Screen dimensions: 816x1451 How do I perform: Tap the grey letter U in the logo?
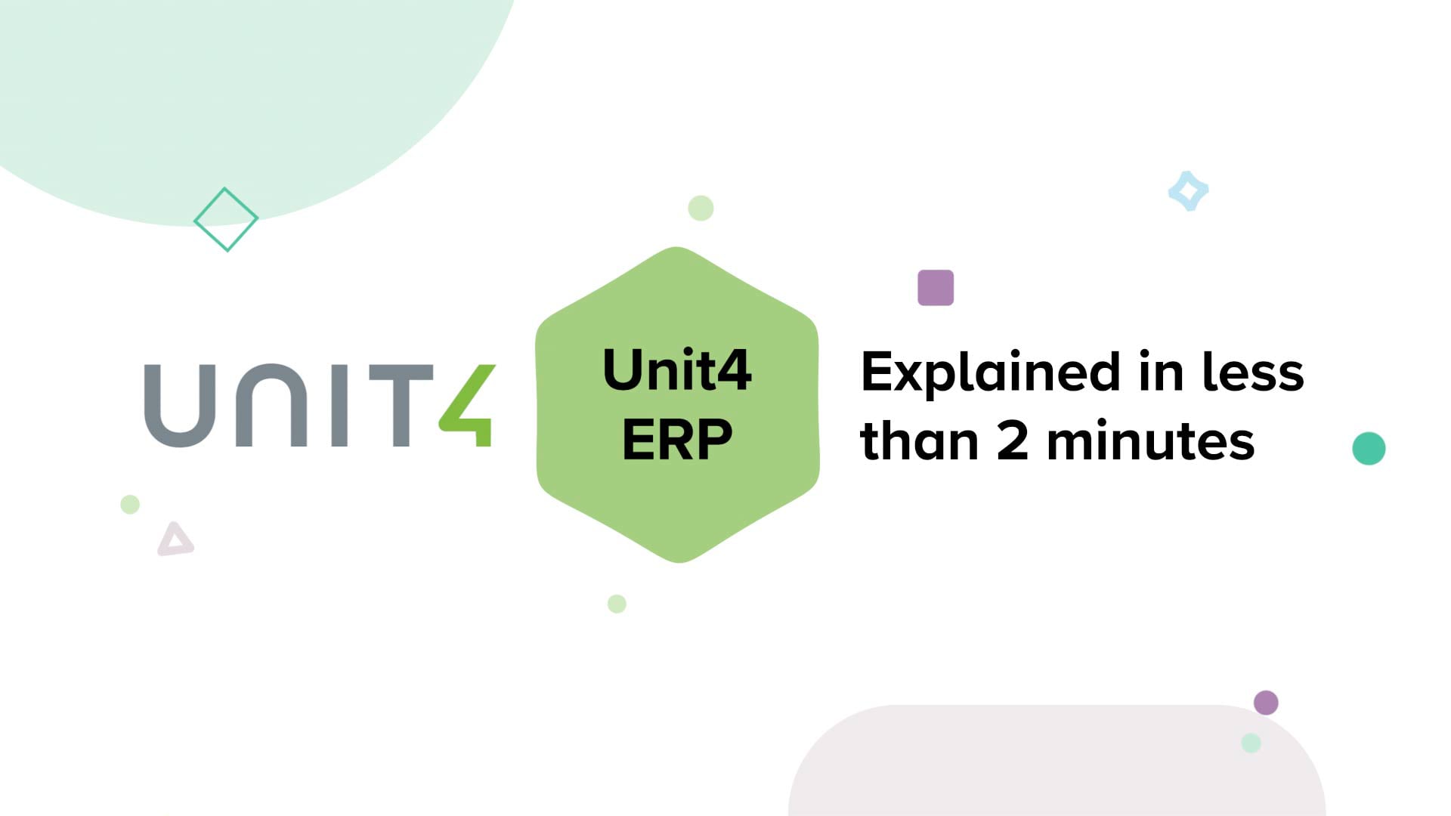click(181, 406)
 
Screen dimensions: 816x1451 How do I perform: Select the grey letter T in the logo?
click(401, 406)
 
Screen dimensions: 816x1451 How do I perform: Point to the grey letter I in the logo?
click(340, 406)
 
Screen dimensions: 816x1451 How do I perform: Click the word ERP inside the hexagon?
click(677, 440)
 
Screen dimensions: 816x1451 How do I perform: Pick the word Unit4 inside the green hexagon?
click(677, 370)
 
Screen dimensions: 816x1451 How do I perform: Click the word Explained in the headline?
click(990, 373)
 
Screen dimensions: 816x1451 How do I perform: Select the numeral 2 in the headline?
click(1013, 441)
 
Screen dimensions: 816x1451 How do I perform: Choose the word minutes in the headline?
click(1150, 441)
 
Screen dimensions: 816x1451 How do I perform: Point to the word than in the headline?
click(920, 441)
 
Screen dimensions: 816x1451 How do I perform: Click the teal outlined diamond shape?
click(226, 219)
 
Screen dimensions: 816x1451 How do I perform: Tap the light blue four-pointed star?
click(1188, 191)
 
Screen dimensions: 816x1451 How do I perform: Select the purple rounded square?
click(936, 288)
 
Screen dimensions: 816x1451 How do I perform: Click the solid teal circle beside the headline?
click(1369, 449)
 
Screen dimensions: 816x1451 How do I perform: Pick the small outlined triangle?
click(175, 539)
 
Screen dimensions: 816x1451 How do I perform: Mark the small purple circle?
click(1266, 703)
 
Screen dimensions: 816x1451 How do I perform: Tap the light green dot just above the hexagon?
click(701, 208)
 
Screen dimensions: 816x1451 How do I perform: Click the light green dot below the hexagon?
click(617, 604)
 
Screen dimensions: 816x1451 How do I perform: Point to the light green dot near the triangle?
click(130, 504)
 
